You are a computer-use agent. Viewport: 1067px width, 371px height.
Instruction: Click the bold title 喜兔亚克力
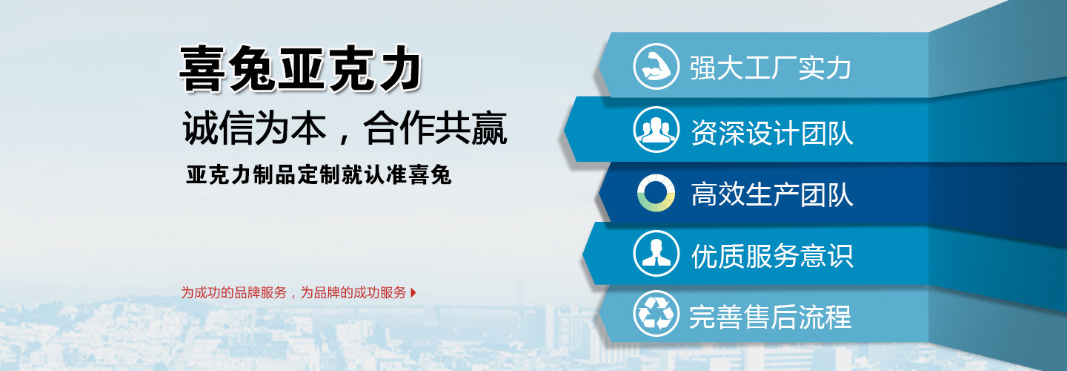point(300,68)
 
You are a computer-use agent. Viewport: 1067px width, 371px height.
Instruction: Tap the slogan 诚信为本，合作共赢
point(345,128)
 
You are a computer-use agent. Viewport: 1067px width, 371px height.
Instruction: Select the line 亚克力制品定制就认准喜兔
point(319,175)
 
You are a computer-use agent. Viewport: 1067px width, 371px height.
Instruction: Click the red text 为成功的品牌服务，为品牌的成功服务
point(294,292)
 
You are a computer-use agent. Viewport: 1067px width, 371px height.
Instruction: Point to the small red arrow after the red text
point(413,292)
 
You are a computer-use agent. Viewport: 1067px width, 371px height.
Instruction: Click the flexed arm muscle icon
point(656,67)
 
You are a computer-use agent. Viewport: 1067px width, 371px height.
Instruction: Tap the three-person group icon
point(656,130)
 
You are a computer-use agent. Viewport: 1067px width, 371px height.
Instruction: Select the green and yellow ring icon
point(656,193)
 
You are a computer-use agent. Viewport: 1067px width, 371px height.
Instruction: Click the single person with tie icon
point(656,254)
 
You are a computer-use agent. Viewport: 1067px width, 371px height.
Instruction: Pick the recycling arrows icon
point(656,314)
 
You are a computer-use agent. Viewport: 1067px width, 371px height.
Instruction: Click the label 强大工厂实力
point(771,68)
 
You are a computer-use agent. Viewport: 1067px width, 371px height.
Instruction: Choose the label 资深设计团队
point(771,132)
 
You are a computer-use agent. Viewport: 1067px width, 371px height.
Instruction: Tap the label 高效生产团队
point(771,194)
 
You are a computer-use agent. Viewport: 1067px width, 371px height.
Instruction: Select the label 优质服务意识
point(771,256)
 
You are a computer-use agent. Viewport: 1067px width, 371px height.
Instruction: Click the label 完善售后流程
point(771,317)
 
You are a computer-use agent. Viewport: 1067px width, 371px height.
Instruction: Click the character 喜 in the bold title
point(202,69)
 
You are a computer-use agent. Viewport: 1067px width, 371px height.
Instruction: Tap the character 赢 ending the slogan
point(489,128)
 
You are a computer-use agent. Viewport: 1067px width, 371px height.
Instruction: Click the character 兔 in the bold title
point(251,69)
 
